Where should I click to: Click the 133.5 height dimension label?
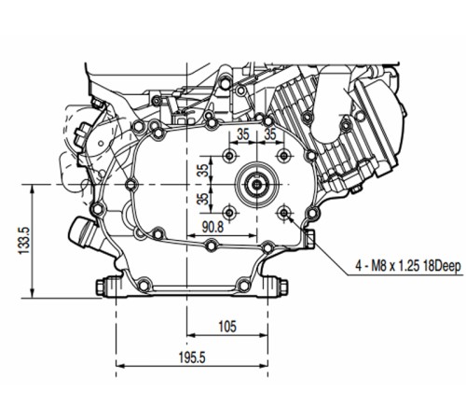(x=24, y=240)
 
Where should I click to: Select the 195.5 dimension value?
(x=192, y=357)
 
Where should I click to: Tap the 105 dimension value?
(x=227, y=327)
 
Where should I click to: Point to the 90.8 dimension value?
(x=212, y=227)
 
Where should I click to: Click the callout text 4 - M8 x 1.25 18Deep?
(x=408, y=267)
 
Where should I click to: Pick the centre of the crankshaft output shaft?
(x=257, y=185)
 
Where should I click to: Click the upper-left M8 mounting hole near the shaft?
(x=229, y=156)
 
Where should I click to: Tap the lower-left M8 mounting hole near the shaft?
(x=229, y=213)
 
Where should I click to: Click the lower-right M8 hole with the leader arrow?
(x=284, y=213)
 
